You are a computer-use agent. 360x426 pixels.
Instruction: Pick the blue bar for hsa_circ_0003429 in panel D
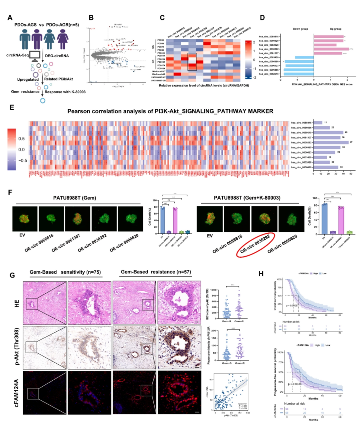304,57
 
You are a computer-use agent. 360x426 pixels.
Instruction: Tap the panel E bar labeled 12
318,123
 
